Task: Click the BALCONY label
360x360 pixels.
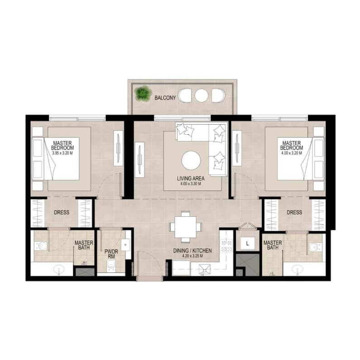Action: (165, 97)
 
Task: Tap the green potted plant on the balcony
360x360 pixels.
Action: (143, 93)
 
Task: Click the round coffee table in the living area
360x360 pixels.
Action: (191, 161)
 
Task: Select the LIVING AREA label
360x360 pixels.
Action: (191, 178)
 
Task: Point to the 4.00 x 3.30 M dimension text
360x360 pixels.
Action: (191, 184)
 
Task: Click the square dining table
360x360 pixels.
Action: (185, 227)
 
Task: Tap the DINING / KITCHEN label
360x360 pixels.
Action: (192, 251)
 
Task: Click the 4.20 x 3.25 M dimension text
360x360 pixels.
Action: (192, 256)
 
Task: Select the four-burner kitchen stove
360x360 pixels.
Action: (226, 246)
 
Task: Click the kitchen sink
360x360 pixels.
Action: (205, 269)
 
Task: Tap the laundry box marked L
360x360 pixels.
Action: (247, 243)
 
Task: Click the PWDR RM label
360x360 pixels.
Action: (111, 254)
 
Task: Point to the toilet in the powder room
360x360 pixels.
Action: (111, 266)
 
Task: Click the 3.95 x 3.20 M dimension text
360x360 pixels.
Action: (62, 153)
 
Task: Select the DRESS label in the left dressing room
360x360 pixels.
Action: (62, 212)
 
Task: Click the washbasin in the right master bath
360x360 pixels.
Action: (298, 269)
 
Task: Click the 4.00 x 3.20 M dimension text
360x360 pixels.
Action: (291, 153)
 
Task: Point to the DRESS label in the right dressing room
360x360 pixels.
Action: (294, 212)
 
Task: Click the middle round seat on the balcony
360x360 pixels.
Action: (202, 95)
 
